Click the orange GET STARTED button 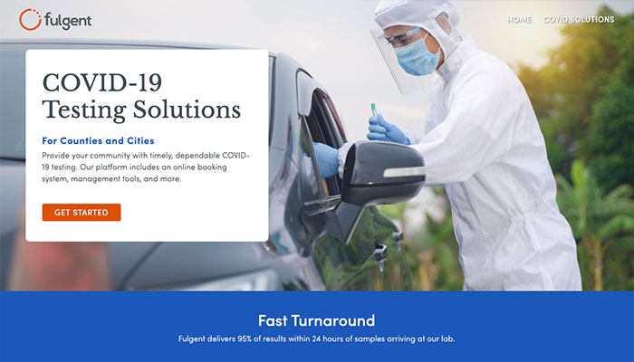coord(82,212)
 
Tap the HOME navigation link coord(519,19)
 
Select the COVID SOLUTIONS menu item coord(579,19)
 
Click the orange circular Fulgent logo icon coord(30,19)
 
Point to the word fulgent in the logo coord(68,21)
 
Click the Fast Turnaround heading coord(317,320)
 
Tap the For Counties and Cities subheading coord(98,140)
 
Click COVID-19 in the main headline coord(101,82)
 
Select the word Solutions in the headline coord(187,110)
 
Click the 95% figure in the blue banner coord(245,338)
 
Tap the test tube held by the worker coord(374,110)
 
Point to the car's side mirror coord(382,173)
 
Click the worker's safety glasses coord(399,37)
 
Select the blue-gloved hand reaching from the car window coord(324,159)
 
